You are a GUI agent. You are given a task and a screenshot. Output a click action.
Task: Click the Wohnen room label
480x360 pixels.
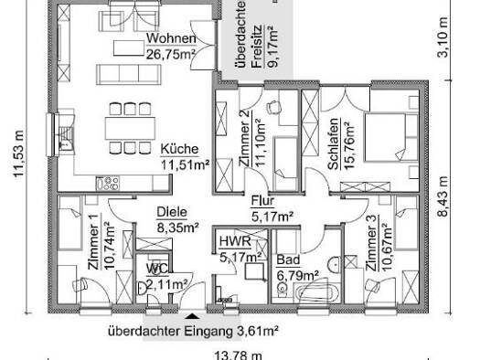pyautogui.click(x=171, y=39)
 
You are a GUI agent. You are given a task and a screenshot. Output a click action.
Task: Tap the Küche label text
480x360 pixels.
pyautogui.click(x=180, y=149)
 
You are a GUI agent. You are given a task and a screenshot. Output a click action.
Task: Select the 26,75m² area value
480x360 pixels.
pyautogui.click(x=171, y=55)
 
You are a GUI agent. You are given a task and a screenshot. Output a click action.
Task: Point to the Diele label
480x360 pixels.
pyautogui.click(x=172, y=212)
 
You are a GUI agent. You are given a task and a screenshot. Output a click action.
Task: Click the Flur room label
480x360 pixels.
pyautogui.click(x=262, y=201)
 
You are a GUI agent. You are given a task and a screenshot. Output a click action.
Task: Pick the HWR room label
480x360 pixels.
pyautogui.click(x=235, y=241)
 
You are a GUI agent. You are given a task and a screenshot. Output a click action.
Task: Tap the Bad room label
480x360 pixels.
pyautogui.click(x=288, y=260)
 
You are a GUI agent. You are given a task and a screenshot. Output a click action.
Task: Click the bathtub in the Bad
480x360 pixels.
pyautogui.click(x=317, y=293)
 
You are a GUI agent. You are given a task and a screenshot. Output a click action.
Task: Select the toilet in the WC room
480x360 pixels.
pyautogui.click(x=143, y=288)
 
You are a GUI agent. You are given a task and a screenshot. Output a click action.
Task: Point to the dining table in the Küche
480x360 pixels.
pyautogui.click(x=130, y=129)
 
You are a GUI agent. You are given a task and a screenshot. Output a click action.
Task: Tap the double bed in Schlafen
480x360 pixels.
pyautogui.click(x=391, y=137)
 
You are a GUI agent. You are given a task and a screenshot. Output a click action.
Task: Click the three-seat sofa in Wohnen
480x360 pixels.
pyautogui.click(x=129, y=74)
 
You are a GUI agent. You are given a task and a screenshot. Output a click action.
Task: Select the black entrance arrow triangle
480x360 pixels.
pyautogui.click(x=192, y=316)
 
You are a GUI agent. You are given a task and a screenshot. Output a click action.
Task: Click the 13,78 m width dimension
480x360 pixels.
pyautogui.click(x=238, y=355)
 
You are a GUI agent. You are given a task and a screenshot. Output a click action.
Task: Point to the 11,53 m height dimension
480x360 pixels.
pyautogui.click(x=18, y=154)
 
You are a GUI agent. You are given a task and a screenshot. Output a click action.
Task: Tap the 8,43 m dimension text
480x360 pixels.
pyautogui.click(x=443, y=196)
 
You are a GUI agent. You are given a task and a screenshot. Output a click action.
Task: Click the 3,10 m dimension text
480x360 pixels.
pyautogui.click(x=443, y=37)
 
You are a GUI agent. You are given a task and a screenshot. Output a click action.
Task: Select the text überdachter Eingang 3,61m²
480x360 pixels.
pyautogui.click(x=193, y=332)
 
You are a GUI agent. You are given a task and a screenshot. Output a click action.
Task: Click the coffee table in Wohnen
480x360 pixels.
pyautogui.click(x=129, y=48)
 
